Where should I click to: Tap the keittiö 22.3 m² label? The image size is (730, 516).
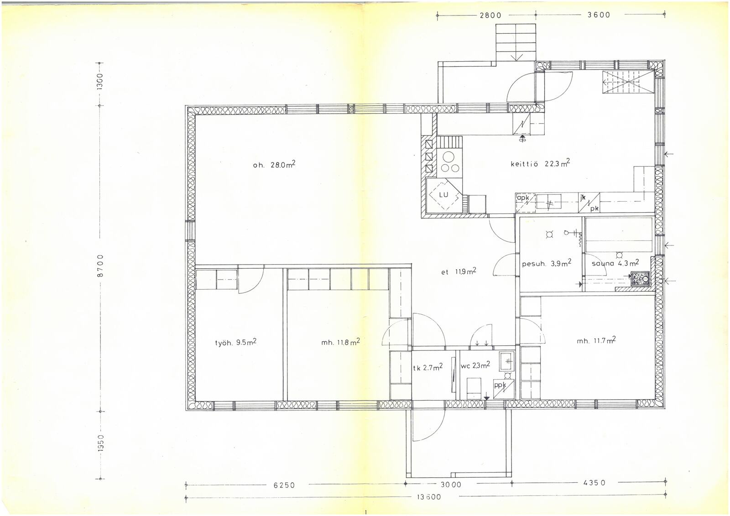coord(540,163)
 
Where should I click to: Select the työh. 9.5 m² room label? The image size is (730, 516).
coord(235,342)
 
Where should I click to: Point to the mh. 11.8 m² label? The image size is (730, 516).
coord(340,342)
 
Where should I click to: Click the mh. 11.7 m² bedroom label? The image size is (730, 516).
coord(596,340)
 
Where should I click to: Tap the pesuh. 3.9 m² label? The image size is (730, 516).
coord(547,263)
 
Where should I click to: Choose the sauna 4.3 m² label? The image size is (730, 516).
coord(615,262)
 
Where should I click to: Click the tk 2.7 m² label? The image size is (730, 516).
coord(428,367)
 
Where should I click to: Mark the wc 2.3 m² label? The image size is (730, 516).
coord(475,365)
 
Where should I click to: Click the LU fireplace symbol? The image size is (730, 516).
coord(443,195)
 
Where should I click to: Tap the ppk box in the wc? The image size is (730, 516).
coord(504,389)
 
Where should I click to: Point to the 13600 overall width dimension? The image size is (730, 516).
coord(429,497)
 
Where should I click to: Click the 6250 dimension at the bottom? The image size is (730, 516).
coord(284,485)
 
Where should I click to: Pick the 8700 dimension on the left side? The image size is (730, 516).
coord(100,266)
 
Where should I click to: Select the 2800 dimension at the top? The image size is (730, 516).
coord(490,15)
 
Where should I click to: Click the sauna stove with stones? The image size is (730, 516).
coord(640,279)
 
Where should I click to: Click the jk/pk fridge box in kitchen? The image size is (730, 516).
coord(589,203)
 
